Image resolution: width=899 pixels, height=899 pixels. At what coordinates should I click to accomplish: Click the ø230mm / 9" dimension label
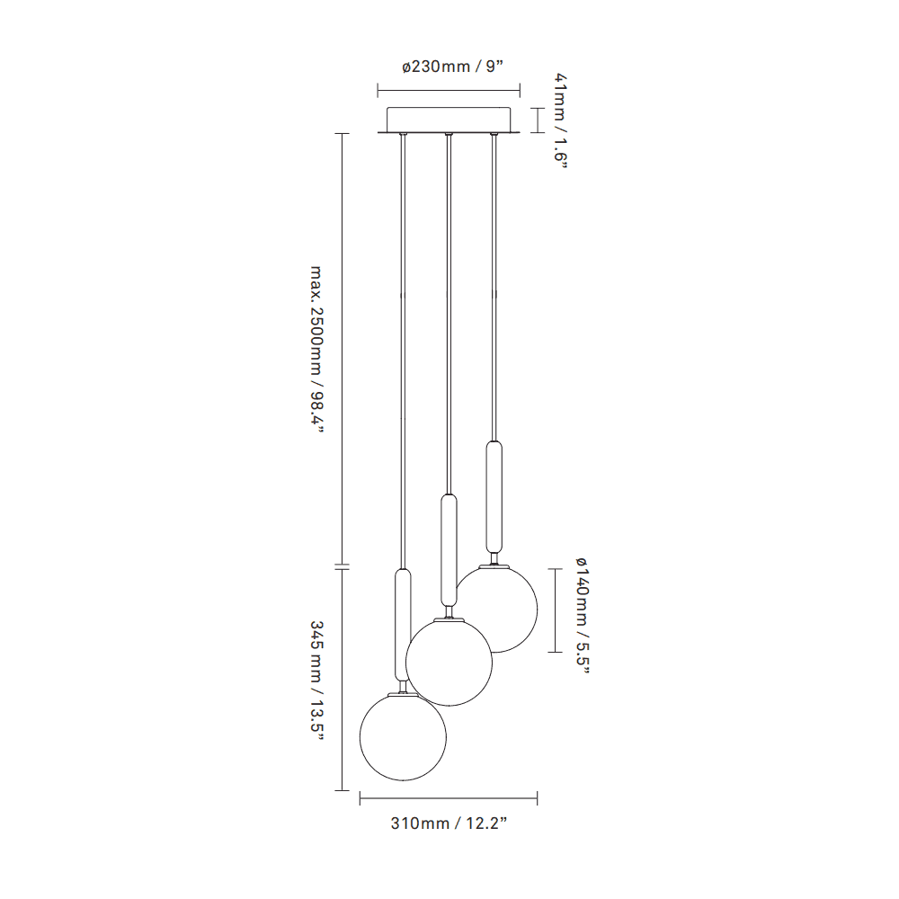click(449, 67)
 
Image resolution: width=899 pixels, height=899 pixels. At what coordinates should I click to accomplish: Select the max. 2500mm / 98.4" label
click(316, 349)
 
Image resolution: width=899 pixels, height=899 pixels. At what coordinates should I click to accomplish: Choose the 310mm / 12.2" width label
click(449, 823)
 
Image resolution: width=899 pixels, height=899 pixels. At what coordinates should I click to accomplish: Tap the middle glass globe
click(449, 662)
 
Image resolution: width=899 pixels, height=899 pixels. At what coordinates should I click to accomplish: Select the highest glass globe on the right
click(496, 608)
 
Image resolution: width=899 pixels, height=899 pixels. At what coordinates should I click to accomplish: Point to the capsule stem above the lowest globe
click(404, 623)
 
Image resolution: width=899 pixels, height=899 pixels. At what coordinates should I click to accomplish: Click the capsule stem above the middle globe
click(448, 548)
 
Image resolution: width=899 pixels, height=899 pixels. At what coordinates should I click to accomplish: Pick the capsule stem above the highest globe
click(493, 496)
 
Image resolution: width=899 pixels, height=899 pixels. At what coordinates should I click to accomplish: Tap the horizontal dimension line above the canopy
click(449, 90)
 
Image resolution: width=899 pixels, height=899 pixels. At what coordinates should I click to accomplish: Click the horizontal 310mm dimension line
click(449, 797)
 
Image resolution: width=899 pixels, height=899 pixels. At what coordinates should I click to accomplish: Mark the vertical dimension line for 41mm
click(538, 120)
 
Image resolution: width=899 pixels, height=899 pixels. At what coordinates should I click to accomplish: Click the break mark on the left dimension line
click(342, 566)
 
